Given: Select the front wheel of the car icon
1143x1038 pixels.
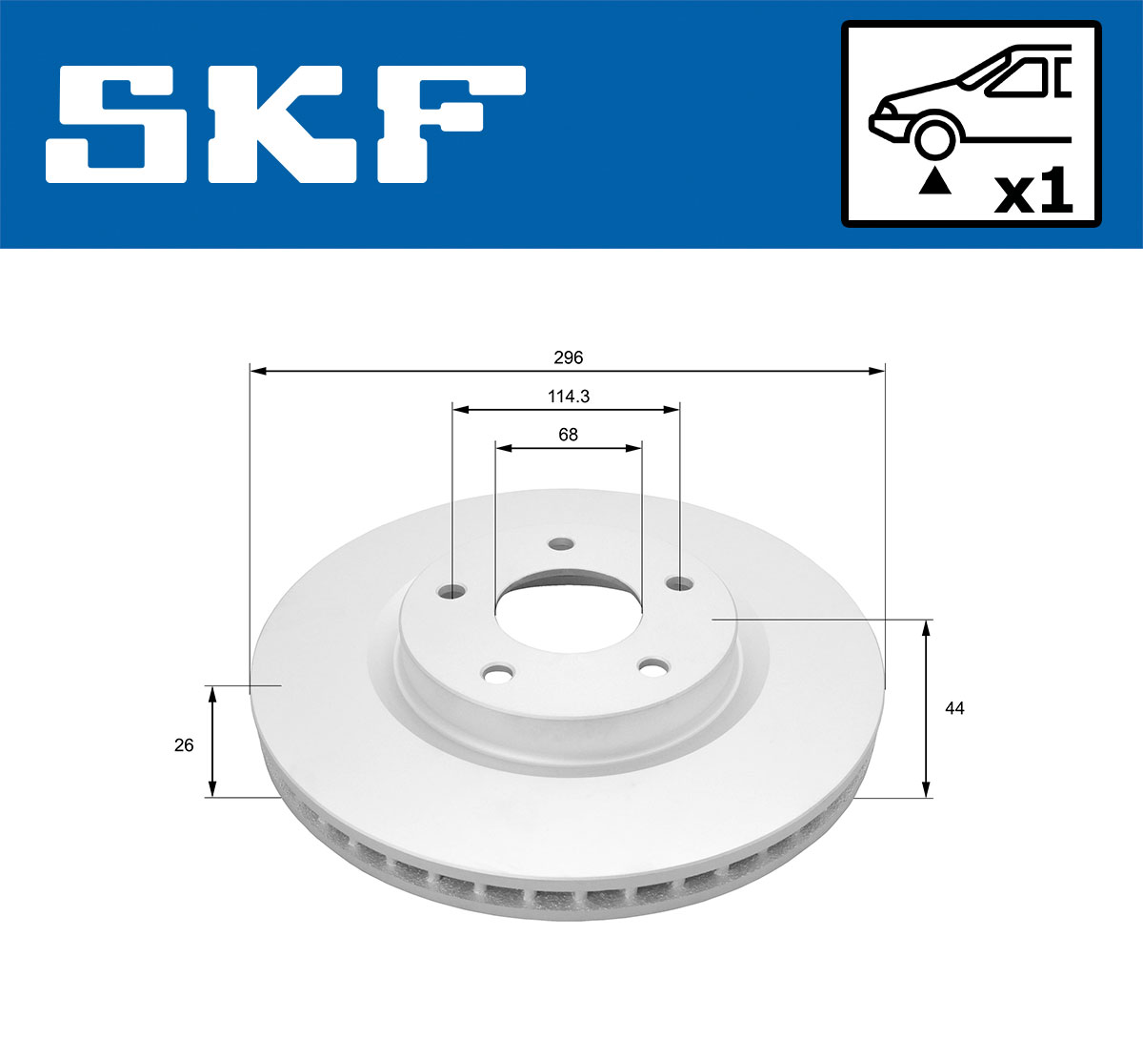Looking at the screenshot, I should click(934, 137).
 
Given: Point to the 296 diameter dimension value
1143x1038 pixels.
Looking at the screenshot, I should click(568, 358).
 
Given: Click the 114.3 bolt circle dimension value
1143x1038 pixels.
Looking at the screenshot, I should click(568, 397).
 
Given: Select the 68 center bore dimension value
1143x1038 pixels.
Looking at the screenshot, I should click(568, 435).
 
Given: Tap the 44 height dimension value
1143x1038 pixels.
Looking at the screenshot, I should click(954, 708).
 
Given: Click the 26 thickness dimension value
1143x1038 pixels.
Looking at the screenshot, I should click(184, 744).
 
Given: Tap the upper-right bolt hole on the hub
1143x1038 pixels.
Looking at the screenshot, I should click(679, 582).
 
